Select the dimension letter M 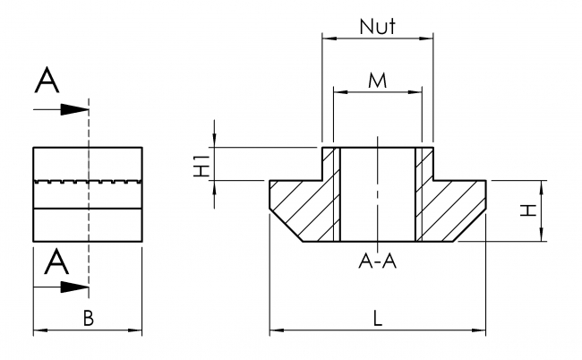pos(377,81)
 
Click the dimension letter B pos(88,317)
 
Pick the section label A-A pos(377,261)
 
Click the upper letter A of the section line pos(47,81)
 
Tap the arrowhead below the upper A pos(79,110)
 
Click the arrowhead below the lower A pos(79,287)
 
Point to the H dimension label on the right pos(530,210)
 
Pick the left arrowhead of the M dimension pos(338,91)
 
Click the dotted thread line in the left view pos(87,182)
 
